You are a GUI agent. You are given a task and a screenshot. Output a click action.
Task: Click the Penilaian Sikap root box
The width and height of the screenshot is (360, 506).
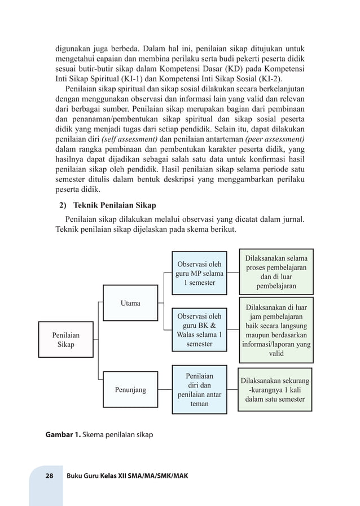(x=65, y=339)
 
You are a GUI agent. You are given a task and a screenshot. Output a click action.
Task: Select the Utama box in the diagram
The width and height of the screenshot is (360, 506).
(x=130, y=303)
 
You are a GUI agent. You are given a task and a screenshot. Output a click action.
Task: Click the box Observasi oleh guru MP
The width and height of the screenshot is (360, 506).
(x=199, y=273)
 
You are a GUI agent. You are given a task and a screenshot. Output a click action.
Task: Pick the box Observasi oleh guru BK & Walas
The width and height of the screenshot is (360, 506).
(x=199, y=330)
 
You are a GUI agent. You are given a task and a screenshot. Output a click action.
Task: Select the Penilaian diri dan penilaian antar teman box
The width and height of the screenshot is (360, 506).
(x=199, y=389)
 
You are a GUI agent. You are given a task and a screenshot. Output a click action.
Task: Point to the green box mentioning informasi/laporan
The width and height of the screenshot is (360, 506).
(x=277, y=331)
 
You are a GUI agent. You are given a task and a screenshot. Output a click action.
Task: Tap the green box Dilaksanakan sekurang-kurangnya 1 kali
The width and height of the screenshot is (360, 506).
(x=277, y=390)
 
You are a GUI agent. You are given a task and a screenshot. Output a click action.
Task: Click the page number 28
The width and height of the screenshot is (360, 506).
(x=49, y=476)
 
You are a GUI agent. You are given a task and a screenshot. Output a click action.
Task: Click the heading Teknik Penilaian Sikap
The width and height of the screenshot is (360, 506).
(x=115, y=205)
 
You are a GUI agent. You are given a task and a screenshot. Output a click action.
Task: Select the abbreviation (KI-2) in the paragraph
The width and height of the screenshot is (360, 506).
(x=270, y=78)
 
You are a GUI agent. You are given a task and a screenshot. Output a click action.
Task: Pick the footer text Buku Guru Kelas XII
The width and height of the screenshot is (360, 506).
(x=127, y=476)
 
